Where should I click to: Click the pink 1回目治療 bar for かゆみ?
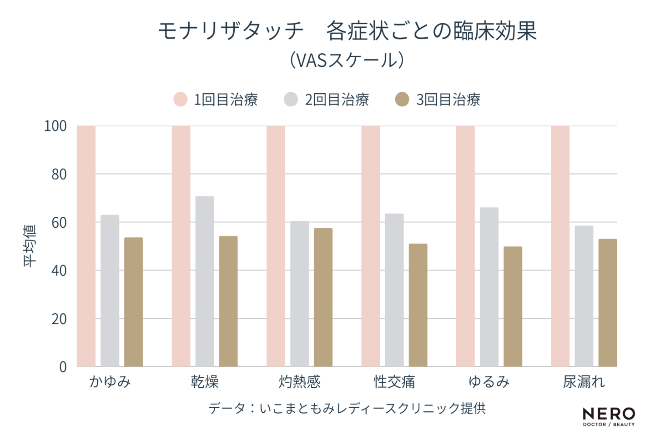tap(86, 246)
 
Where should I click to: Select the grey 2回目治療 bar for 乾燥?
tap(205, 281)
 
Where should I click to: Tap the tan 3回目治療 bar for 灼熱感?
tap(323, 297)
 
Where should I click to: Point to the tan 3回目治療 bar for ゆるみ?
tap(513, 306)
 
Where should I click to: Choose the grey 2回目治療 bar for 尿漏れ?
tap(584, 296)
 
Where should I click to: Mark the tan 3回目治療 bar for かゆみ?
tap(133, 302)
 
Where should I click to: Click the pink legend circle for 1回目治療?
tap(181, 99)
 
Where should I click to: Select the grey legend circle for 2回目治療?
tap(291, 99)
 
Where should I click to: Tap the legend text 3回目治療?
tap(448, 100)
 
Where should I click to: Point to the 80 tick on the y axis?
tap(59, 174)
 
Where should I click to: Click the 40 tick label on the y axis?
tap(59, 270)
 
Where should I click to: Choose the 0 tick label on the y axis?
tap(63, 367)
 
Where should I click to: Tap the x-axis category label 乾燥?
tap(205, 381)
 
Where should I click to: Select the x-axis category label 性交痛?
tap(394, 381)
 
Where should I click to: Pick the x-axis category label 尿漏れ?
tap(584, 381)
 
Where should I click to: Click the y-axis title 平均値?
tap(30, 246)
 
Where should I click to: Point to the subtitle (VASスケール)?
tap(347, 60)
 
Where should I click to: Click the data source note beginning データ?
tap(347, 408)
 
